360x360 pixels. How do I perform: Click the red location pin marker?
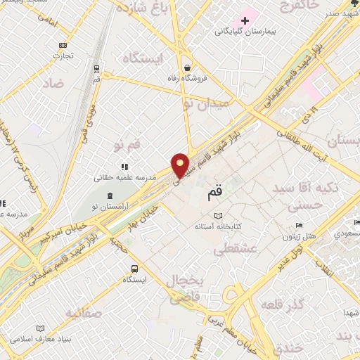coord(181,165)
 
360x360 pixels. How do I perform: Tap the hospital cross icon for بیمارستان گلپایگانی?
coord(245,21)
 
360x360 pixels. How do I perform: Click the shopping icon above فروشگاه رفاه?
coord(188,67)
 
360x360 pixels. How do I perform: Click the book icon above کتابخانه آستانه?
coord(219,216)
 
